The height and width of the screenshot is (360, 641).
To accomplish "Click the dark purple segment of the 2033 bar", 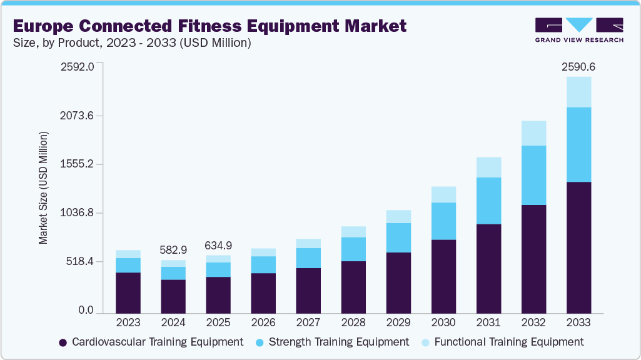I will coord(578,247).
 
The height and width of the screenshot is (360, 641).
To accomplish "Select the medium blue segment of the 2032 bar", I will coord(533,175).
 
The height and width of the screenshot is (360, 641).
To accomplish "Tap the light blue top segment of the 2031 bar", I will coord(488,167).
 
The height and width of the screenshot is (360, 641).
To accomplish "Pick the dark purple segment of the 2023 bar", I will coord(128,292).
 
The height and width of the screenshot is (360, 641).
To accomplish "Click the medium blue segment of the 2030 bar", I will coord(443,221).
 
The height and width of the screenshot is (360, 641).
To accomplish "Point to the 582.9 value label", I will coord(173,249).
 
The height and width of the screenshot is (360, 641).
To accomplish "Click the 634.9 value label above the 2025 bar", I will coord(218,244).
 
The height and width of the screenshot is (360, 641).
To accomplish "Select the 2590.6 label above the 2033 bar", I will coord(578,66).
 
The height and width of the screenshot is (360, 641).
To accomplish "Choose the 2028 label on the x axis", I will coord(353,322).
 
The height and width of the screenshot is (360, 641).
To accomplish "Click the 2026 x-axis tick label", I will coord(263,322).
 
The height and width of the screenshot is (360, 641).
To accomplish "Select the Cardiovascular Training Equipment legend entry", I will coord(150,342).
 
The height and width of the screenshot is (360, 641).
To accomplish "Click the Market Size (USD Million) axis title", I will coord(43,187).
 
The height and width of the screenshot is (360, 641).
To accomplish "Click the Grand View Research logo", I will coord(578,29).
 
